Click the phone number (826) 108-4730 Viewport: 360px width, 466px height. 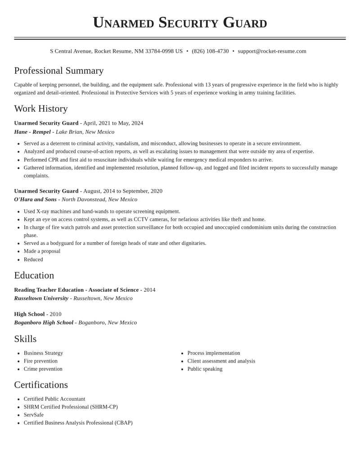210,51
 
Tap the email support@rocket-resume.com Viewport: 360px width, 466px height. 272,51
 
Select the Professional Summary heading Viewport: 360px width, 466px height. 59,71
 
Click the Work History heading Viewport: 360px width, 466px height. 41,109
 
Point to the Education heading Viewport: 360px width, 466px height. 34,275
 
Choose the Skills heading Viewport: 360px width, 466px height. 25,339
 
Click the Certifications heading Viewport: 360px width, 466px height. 41,385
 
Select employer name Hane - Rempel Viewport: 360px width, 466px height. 32,132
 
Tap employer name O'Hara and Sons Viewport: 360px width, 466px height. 36,199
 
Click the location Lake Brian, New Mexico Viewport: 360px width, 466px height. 85,132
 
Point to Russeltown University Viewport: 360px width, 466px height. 41,298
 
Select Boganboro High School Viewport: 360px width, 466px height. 44,322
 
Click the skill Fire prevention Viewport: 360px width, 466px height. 40,361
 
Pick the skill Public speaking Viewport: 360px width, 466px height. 205,369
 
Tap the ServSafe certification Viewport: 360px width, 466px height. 34,415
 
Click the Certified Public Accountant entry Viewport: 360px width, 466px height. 54,399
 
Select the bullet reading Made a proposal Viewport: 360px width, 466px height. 42,251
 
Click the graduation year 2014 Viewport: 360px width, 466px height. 149,290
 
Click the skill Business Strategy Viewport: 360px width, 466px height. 43,353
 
